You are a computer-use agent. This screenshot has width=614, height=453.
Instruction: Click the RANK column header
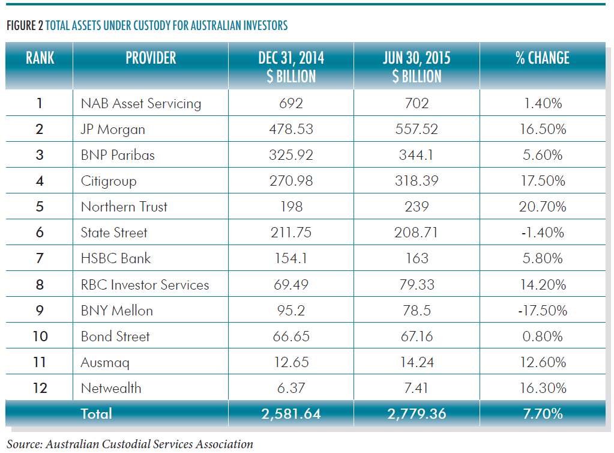(40, 58)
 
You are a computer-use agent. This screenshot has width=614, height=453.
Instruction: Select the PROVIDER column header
(151, 58)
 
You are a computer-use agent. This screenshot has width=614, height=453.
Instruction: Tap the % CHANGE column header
(542, 58)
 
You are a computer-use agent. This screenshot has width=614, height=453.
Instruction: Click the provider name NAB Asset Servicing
(140, 103)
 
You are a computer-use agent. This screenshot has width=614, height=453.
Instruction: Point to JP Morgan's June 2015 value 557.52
(417, 129)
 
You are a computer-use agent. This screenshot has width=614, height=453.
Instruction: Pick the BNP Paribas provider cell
(118, 155)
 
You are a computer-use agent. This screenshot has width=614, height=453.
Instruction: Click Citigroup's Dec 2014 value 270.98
(291, 181)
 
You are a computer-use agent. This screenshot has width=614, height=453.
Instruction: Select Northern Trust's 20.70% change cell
(542, 207)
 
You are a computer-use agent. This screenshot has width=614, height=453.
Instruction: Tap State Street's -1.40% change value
(542, 233)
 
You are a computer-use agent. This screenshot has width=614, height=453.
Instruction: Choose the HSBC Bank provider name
(115, 258)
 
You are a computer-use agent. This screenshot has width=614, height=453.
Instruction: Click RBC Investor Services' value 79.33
(417, 284)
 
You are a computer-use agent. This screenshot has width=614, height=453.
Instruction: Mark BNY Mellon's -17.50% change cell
(542, 311)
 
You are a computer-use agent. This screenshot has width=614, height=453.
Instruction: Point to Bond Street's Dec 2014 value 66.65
(291, 336)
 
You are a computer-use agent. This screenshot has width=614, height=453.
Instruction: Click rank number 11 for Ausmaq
(40, 362)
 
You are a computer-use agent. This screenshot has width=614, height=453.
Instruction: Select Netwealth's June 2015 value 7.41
(417, 388)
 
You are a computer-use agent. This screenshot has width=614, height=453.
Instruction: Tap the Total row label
(97, 413)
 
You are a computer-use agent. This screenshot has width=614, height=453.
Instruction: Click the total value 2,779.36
(417, 413)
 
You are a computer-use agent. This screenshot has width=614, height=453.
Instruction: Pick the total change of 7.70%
(542, 413)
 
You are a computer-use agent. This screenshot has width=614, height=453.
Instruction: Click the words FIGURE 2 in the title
(23, 26)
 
